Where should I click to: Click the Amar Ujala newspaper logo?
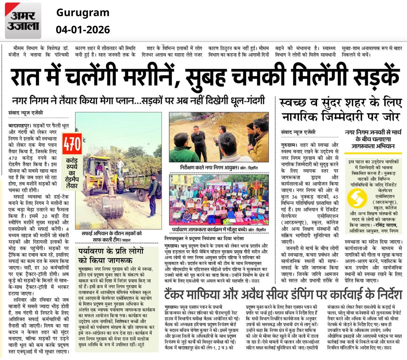point(23,21)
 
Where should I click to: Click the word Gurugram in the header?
point(83,13)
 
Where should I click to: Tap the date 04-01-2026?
point(83,30)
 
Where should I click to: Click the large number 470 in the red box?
point(72,144)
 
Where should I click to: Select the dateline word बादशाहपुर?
point(20,126)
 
